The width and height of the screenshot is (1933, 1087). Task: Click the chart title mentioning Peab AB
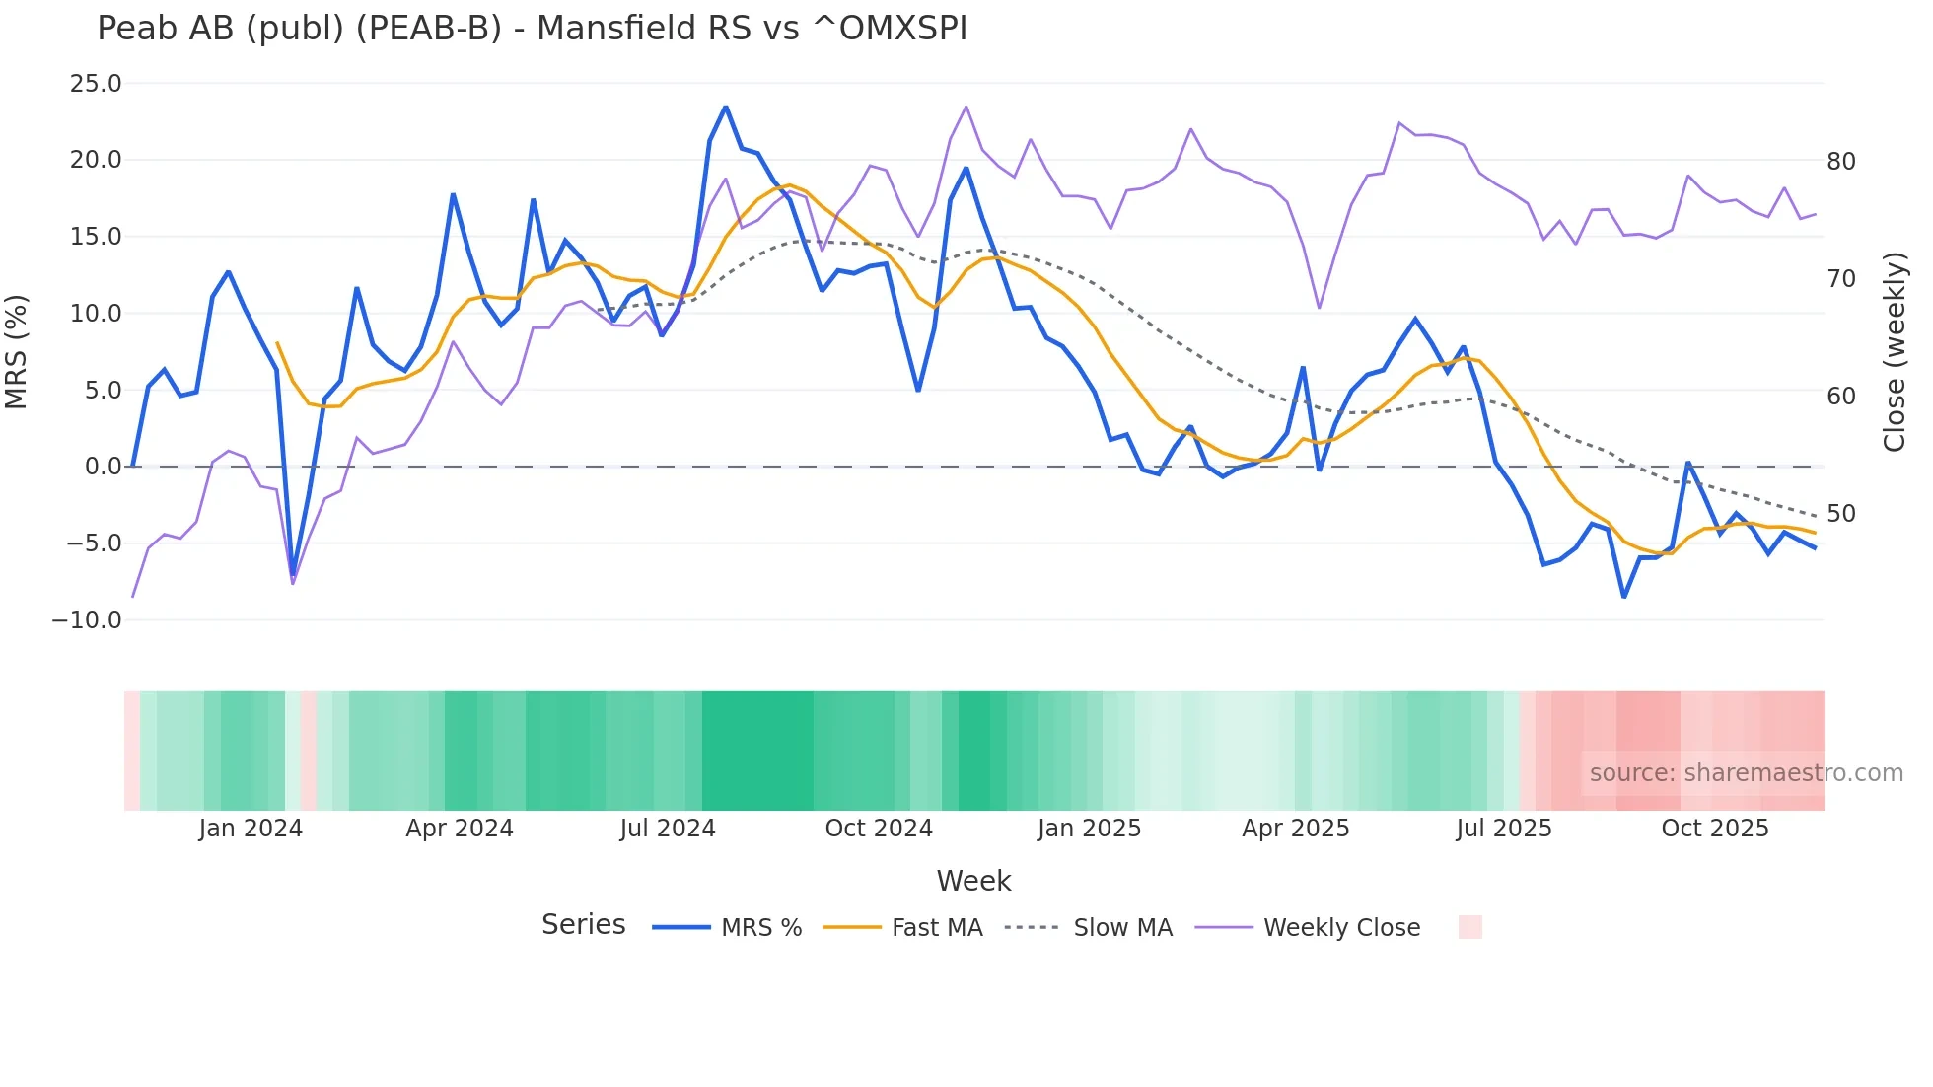532,29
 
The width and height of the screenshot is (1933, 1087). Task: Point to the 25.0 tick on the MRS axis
96,84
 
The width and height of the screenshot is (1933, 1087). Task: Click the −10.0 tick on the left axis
87,620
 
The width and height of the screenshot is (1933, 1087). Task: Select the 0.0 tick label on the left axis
103,467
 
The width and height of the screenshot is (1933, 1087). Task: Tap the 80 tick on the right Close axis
1840,161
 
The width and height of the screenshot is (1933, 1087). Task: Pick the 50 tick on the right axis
1840,514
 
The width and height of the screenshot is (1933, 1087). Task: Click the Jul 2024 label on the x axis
668,829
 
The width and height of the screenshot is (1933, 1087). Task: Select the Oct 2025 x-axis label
1715,829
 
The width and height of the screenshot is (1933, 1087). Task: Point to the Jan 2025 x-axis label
1089,829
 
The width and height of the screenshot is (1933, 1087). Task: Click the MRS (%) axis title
17,351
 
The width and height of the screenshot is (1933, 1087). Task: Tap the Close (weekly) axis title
1895,351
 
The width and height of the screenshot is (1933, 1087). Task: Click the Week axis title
973,881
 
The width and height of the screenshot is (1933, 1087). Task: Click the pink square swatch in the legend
1469,927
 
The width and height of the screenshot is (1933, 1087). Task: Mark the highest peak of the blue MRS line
726,107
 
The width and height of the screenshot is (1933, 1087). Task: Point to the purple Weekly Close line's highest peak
966,107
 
